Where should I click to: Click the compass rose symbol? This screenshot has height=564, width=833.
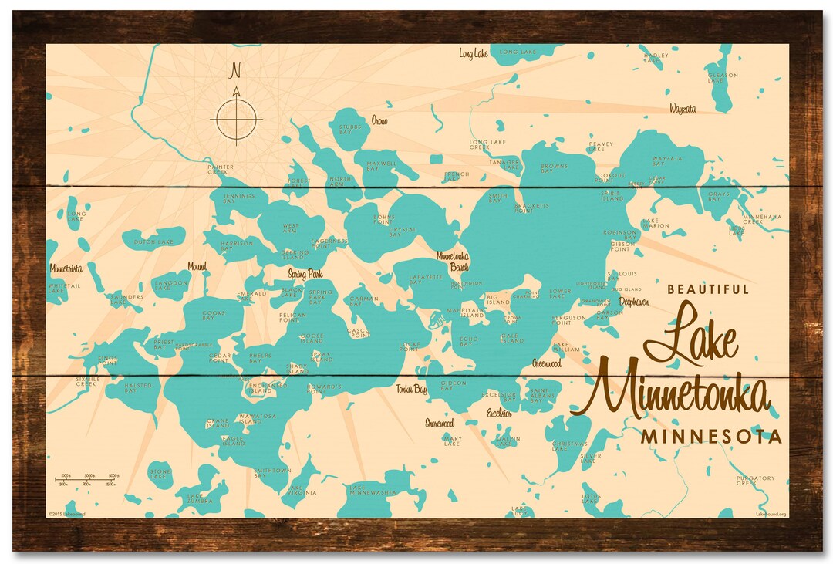[236, 119]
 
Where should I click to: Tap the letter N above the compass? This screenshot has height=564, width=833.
[236, 71]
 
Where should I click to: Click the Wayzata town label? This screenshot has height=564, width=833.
[682, 109]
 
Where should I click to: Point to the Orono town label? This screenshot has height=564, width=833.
[379, 121]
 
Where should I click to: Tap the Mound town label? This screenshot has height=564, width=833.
[197, 267]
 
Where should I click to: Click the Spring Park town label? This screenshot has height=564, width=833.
[305, 274]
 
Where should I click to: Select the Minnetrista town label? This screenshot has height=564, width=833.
[66, 269]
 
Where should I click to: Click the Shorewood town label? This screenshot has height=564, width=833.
[440, 423]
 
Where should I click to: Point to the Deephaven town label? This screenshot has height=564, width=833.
[632, 302]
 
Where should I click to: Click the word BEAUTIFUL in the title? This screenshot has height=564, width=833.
[708, 289]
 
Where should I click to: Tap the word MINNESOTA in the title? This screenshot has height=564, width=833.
[711, 437]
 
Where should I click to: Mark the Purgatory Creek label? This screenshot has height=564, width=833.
[754, 481]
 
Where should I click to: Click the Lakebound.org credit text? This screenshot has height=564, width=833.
[771, 513]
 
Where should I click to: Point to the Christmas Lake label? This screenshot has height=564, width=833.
[570, 446]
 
